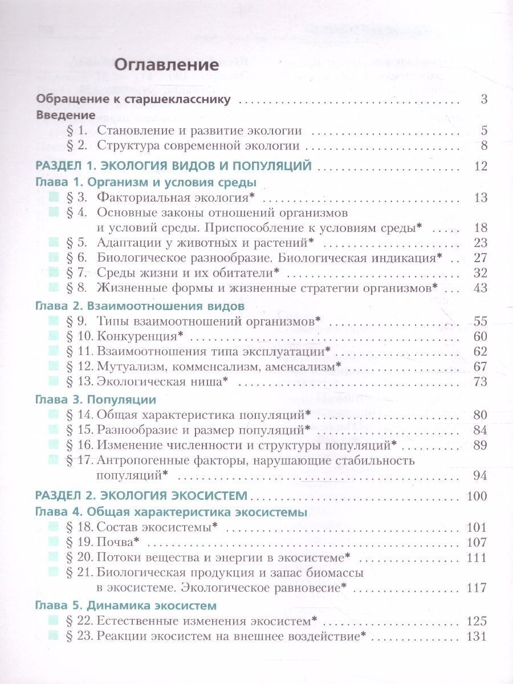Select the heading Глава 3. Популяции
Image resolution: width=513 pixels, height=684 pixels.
coord(96,400)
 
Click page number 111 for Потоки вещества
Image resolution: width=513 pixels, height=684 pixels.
coord(478,557)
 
